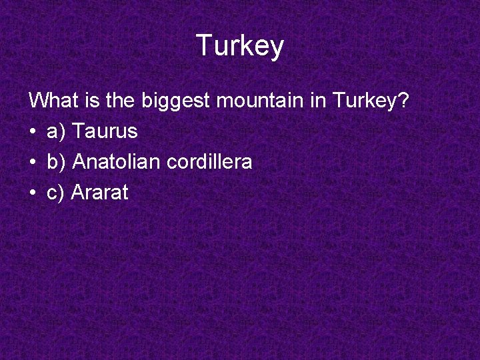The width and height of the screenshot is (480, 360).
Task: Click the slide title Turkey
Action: click(240, 46)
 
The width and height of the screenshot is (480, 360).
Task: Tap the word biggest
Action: click(175, 101)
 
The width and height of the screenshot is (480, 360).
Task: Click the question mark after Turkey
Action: click(402, 101)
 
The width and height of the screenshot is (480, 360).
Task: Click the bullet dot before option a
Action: click(33, 132)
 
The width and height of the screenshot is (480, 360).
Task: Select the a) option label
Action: click(56, 131)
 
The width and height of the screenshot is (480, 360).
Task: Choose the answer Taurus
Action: click(104, 131)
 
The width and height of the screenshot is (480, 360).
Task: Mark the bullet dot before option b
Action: click(33, 163)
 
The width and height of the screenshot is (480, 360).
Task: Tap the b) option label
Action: click(56, 162)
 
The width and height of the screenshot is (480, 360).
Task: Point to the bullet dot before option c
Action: click(33, 193)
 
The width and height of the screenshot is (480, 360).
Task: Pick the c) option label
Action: click(55, 193)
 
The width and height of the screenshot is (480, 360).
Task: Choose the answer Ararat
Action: click(99, 193)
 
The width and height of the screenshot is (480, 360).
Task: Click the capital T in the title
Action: click(204, 45)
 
